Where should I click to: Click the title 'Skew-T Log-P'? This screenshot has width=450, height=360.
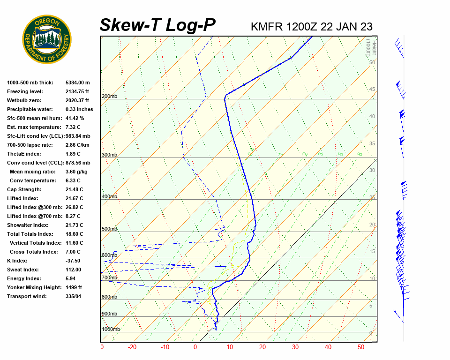tap(157, 25)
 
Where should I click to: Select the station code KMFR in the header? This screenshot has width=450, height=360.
tap(267, 27)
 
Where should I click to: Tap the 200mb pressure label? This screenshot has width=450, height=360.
tap(109, 97)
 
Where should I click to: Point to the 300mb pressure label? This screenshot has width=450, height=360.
tap(109, 155)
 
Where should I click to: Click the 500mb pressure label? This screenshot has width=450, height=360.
tap(109, 229)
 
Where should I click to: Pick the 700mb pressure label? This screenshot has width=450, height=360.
tap(109, 277)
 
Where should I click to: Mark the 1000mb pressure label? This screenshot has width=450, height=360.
tap(111, 329)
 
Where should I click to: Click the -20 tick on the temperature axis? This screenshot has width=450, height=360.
tap(132, 347)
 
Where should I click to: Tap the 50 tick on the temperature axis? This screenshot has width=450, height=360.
tap(360, 347)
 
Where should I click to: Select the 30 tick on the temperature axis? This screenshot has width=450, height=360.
tap(295, 347)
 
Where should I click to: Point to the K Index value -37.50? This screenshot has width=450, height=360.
tap(73, 261)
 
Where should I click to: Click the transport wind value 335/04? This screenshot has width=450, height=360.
tap(74, 296)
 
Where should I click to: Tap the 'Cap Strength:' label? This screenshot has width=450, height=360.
tap(24, 189)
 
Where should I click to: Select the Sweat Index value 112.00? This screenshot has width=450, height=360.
tap(73, 270)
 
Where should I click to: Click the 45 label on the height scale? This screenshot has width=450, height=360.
tap(372, 90)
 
